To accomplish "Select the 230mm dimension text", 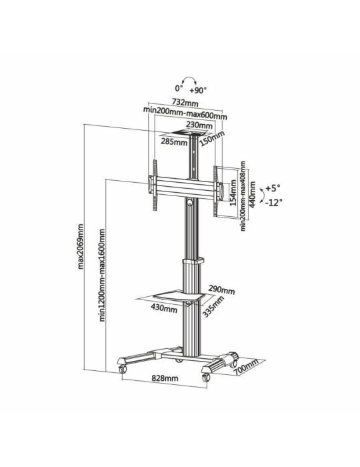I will [200, 125].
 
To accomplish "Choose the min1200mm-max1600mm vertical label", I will [102, 275].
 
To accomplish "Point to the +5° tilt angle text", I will [273, 188].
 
